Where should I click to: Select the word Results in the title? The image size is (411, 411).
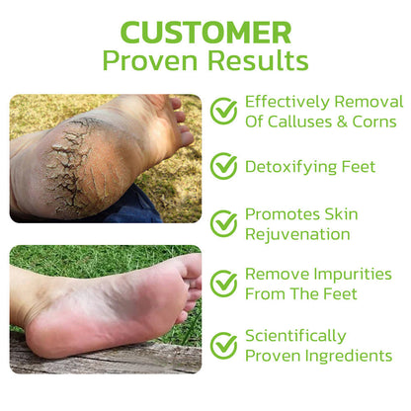pyautogui.click(x=260, y=60)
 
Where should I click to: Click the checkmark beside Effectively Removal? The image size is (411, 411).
pyautogui.click(x=224, y=111)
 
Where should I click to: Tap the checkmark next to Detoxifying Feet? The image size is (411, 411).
pyautogui.click(x=224, y=167)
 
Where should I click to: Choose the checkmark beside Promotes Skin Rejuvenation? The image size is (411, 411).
pyautogui.click(x=224, y=224)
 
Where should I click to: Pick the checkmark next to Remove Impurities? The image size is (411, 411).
pyautogui.click(x=224, y=284)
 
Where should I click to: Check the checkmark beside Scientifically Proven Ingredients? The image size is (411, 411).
pyautogui.click(x=224, y=345)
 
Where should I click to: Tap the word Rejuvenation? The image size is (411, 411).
pyautogui.click(x=297, y=235)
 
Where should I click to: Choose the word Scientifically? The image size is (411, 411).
pyautogui.click(x=295, y=335)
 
